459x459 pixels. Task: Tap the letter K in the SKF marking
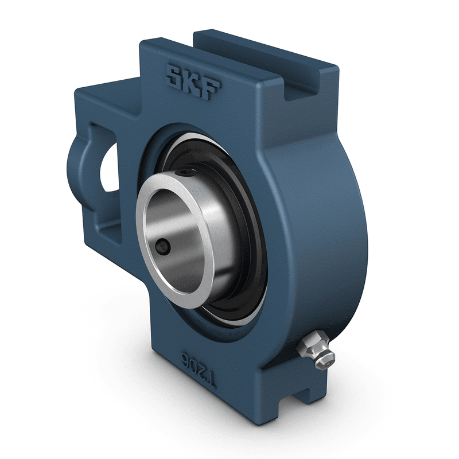click(194, 80)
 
